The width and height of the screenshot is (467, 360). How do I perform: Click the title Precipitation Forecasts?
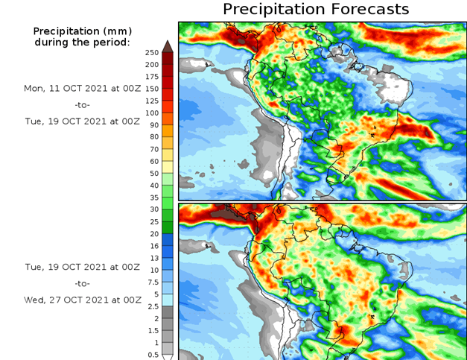tap(316, 10)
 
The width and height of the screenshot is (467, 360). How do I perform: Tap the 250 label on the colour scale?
tap(152, 53)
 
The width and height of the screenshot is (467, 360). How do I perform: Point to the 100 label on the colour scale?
tap(152, 113)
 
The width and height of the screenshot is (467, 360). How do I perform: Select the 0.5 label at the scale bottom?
tap(152, 355)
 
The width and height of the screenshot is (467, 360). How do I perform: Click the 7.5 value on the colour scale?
tap(152, 282)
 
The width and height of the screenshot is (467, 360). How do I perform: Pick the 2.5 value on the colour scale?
tap(152, 306)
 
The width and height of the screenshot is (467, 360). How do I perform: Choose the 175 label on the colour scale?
tap(152, 77)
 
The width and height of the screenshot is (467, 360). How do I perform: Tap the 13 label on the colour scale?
tap(152, 258)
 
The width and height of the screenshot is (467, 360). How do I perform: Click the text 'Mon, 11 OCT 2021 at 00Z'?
tap(82, 88)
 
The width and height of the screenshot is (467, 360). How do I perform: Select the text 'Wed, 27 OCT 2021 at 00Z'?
tap(82, 300)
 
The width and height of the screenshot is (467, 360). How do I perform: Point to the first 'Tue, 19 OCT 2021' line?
tap(82, 121)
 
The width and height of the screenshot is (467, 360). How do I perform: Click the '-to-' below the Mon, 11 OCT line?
tap(82, 104)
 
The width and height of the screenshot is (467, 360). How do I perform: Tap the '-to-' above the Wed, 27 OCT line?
tap(82, 283)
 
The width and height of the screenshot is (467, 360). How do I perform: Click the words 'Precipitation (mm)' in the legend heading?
tap(82, 31)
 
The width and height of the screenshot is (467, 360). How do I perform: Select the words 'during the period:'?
tap(82, 42)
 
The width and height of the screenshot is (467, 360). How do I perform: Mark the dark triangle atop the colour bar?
tap(168, 46)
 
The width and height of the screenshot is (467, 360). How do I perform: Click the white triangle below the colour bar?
tap(168, 357)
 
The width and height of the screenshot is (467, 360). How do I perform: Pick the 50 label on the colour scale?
tap(152, 174)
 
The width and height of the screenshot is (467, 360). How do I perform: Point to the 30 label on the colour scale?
tap(152, 210)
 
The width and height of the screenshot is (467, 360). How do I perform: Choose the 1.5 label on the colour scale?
tap(152, 331)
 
